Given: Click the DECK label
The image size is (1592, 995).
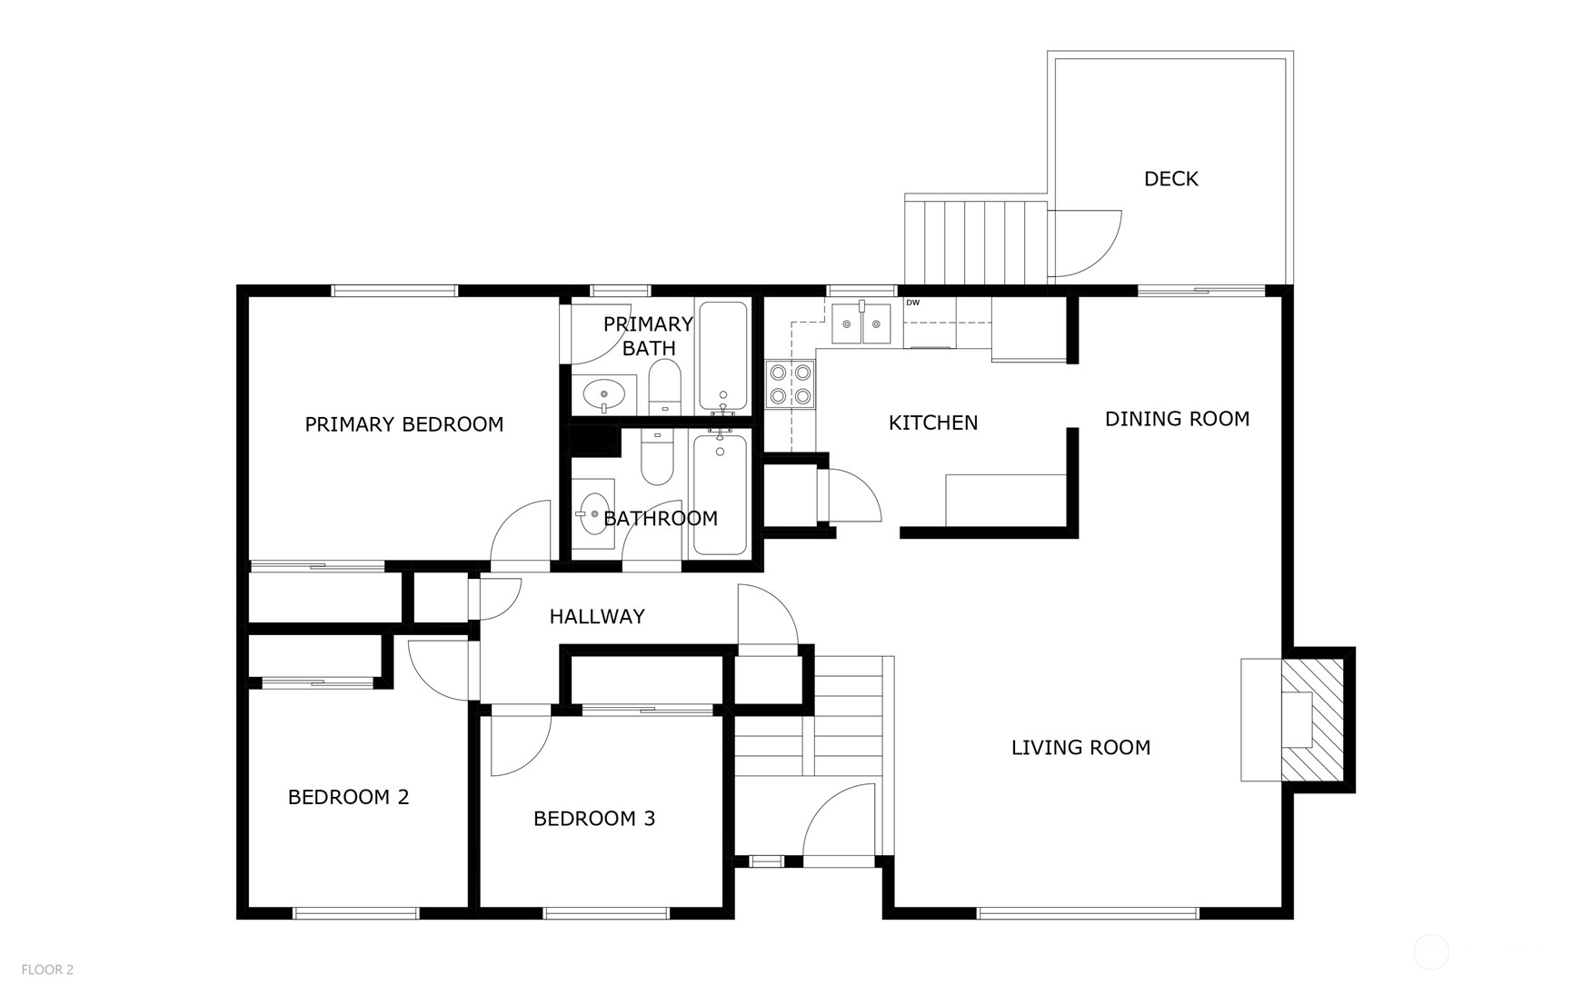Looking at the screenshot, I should coord(1170,179).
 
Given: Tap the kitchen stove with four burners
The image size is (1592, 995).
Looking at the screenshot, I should coord(790,384).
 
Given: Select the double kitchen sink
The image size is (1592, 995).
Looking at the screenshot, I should coord(861,323).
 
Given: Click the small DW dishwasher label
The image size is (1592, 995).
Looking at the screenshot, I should coord(912,303).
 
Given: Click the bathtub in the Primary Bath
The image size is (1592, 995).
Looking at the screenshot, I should coord(723,355).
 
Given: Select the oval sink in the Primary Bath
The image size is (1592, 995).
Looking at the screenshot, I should coord(603,394).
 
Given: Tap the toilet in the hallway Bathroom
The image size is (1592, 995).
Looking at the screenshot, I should coord(657,458).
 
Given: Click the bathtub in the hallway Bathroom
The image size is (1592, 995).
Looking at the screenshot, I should coord(720,495).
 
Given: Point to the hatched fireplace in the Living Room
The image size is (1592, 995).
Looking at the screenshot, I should coord(1312,720).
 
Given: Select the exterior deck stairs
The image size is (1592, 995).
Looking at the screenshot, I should coord(977,242).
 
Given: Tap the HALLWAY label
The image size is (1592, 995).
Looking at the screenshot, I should coord(597,616).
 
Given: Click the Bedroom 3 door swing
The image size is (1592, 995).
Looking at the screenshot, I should coord(518,743).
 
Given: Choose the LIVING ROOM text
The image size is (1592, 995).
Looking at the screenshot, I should coord(1080,747).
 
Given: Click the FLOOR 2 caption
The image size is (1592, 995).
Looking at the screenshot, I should coord(47,970).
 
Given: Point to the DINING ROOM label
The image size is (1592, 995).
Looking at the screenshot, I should coord(1177,419).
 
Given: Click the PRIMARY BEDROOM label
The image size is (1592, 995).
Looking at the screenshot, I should coord(403,424).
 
